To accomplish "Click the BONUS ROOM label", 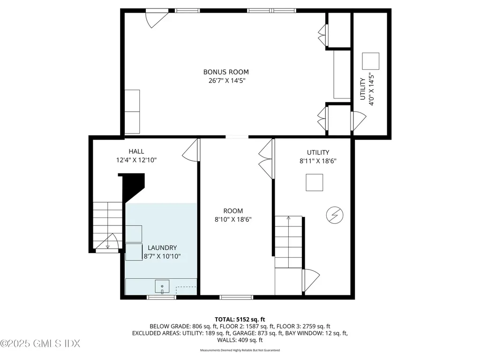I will (x=225, y=72).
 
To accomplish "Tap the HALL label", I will (x=136, y=151).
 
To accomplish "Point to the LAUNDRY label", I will (x=162, y=247).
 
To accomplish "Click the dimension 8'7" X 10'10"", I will (x=162, y=256).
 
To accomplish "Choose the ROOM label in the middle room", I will (x=233, y=211).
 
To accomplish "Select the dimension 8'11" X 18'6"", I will (x=318, y=161).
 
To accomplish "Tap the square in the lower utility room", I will (x=314, y=182).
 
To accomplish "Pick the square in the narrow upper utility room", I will (x=371, y=61).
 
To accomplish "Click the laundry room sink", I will (x=162, y=285).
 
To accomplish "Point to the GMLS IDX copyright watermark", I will (x=40, y=344).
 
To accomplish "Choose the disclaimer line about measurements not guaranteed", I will (x=240, y=350).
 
